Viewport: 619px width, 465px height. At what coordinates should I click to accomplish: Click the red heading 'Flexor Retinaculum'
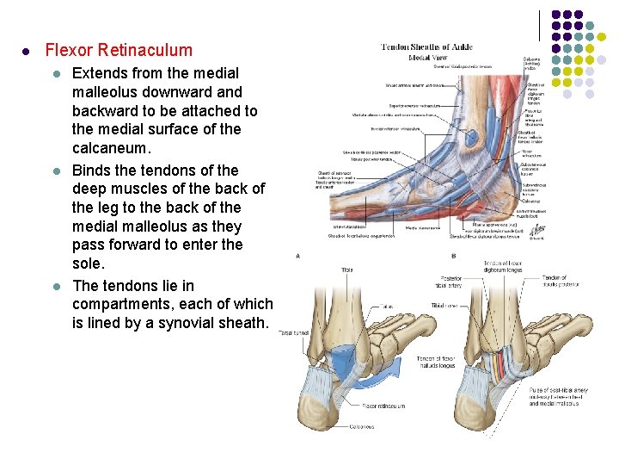119,50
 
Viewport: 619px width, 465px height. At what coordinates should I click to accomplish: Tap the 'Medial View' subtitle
427,58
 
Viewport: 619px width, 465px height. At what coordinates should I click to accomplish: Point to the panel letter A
298,256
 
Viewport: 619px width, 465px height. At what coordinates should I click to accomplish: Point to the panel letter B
453,256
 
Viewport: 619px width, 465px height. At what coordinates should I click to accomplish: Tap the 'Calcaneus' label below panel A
362,426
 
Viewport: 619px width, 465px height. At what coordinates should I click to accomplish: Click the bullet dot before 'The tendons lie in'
56,286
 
